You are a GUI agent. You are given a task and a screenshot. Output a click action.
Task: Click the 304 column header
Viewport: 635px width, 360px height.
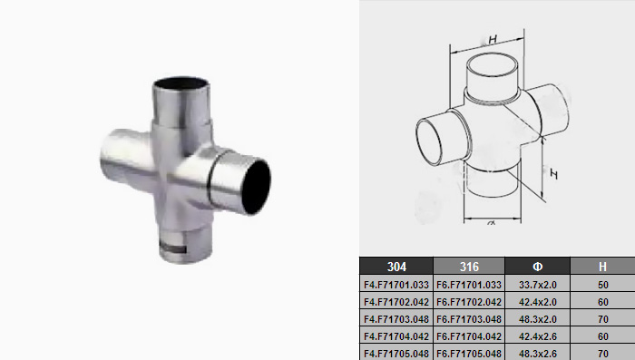pos(396,266)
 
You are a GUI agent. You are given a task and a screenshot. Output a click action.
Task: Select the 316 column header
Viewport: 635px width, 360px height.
pos(469,266)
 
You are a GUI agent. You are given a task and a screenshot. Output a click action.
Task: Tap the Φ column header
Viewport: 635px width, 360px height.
pos(537,266)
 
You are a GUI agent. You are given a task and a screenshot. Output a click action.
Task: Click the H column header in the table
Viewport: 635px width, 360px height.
pos(602,266)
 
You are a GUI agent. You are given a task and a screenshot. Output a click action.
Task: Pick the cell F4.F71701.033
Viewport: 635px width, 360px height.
pos(396,285)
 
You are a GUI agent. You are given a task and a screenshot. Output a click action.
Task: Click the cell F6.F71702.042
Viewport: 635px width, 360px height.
pos(469,302)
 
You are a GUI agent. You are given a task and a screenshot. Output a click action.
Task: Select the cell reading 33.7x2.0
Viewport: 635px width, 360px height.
pos(537,285)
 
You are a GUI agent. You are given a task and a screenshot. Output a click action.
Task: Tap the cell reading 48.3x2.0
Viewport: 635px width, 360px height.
pos(537,319)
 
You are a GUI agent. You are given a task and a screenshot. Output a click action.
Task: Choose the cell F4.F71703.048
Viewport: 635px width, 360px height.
pos(396,319)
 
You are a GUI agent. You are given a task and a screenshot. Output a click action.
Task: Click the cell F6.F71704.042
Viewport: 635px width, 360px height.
pos(469,336)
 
